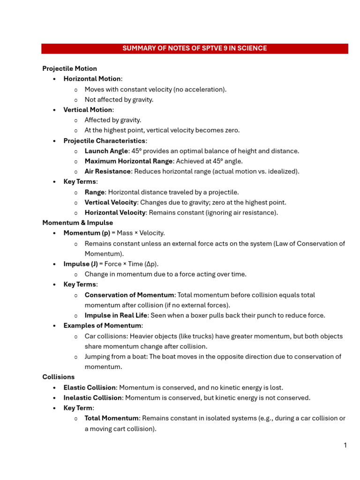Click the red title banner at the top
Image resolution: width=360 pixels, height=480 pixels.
[195, 48]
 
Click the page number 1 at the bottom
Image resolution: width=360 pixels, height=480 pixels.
[345, 445]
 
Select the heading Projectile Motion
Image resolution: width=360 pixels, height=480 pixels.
[69, 68]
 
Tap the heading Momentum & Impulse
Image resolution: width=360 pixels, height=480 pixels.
[77, 223]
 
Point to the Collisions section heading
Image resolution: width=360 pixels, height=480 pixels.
[58, 377]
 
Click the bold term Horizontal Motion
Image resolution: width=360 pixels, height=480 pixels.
[92, 79]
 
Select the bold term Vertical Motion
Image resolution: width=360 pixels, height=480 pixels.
[88, 110]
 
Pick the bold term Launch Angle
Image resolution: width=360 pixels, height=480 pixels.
[106, 151]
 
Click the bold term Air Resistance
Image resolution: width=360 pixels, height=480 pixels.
[107, 172]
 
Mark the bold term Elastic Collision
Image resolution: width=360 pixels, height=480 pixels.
[90, 388]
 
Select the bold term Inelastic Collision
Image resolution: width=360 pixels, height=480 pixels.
[93, 398]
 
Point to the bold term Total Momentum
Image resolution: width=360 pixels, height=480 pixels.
[112, 418]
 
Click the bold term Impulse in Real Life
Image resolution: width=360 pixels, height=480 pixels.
[116, 315]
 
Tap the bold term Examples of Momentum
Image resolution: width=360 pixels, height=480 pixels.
[102, 326]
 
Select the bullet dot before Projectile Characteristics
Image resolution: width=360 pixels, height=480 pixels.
[55, 141]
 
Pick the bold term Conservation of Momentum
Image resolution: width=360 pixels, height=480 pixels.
[129, 295]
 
